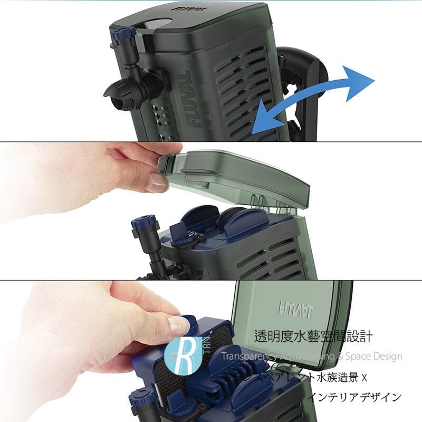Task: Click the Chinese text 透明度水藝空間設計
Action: click(x=313, y=337)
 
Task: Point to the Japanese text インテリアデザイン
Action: click(x=355, y=397)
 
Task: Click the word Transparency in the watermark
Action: click(x=246, y=357)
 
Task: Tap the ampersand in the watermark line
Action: click(x=341, y=357)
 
